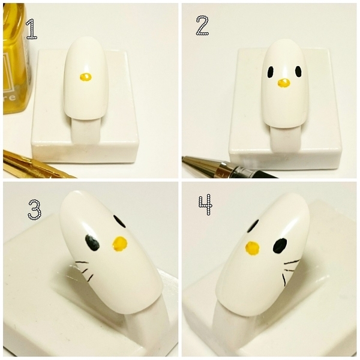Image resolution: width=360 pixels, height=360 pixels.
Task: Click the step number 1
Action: coord(31,29)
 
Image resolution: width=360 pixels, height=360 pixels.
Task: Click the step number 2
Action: coord(202,25)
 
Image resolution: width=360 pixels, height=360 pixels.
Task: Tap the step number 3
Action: coord(34,209)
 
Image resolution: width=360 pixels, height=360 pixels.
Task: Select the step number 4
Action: coord(205,205)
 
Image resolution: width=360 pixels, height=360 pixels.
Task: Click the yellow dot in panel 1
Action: coord(86,77)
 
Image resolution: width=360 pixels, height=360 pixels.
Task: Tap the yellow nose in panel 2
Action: coord(284,83)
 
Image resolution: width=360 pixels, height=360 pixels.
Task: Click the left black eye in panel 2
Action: coord(271,72)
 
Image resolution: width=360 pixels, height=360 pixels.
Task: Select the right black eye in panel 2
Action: coord(298,71)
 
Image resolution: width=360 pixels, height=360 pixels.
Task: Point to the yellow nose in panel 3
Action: coord(120,244)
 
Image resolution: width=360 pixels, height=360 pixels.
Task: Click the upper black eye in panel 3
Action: coord(119,221)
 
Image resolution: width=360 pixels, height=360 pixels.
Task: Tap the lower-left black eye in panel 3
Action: coord(92,242)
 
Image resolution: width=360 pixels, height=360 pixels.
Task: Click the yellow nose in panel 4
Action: coord(253,248)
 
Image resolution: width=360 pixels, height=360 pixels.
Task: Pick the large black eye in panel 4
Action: coord(280,246)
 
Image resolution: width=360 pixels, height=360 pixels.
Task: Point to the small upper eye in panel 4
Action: coord(253,226)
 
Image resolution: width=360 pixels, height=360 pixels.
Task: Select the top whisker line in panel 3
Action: coord(82,262)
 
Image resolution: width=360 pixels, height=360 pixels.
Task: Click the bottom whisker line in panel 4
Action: coord(284,280)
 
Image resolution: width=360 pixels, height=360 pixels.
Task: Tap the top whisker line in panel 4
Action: coord(292,262)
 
